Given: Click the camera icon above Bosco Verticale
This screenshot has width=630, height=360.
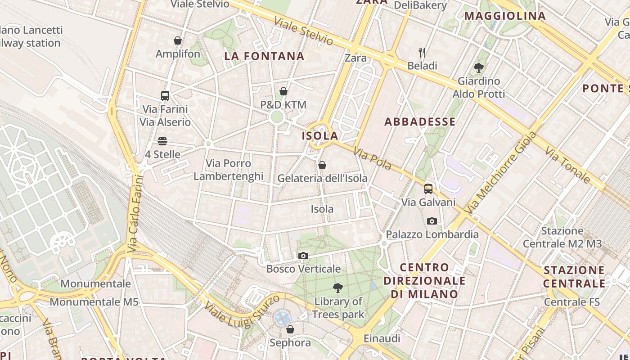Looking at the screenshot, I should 303,256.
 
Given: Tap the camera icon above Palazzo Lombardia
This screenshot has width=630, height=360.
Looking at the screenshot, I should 432,221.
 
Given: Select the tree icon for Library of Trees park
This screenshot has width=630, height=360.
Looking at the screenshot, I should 337,288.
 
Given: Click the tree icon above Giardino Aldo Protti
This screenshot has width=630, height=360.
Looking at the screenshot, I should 479,68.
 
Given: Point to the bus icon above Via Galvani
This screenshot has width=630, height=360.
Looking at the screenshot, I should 428,189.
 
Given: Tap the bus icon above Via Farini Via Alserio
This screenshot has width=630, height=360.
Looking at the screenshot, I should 165,95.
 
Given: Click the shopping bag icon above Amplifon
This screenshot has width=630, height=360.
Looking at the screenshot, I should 178,40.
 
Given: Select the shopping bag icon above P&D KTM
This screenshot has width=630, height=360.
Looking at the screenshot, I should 283,91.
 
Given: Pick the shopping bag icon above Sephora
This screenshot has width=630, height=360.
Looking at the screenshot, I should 290,329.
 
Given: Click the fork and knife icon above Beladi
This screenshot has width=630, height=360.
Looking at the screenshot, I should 422,53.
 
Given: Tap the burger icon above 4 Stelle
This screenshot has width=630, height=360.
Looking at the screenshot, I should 162,141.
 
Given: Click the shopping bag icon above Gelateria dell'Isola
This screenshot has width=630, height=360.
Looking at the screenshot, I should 322,165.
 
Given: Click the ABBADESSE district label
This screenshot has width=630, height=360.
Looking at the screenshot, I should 420,122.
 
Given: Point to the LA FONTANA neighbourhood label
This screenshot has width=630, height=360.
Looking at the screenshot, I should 264,56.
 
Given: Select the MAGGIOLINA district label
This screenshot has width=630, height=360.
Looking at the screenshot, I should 505,16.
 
